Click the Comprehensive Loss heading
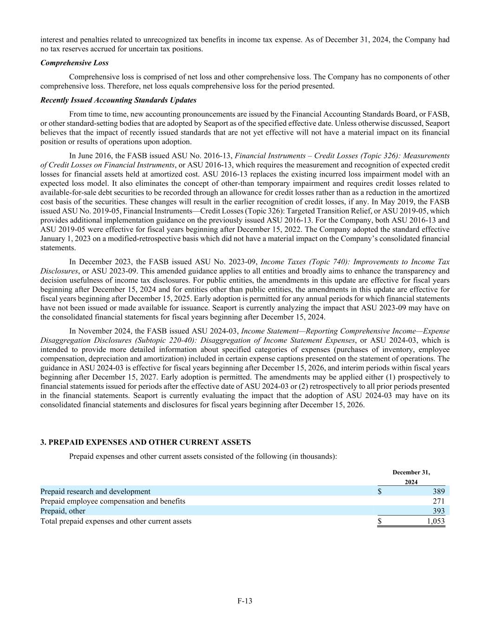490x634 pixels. tap(74, 63)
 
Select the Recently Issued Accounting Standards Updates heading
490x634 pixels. tap(118, 100)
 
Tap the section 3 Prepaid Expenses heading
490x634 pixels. tap(145, 442)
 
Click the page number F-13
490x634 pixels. tap(245, 601)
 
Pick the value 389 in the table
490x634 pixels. tap(438, 491)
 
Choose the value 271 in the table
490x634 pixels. tap(438, 501)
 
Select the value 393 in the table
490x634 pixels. tap(438, 511)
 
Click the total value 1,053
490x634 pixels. tap(436, 521)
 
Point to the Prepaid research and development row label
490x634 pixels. tap(95, 491)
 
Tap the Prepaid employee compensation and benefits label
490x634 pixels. tap(113, 501)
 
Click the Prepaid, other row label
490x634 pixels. tap(63, 511)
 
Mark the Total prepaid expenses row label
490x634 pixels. tap(116, 521)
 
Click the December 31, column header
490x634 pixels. tap(411, 472)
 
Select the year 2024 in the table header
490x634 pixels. tap(411, 482)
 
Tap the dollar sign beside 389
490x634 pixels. tap(379, 491)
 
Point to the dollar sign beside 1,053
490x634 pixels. tap(379, 521)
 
